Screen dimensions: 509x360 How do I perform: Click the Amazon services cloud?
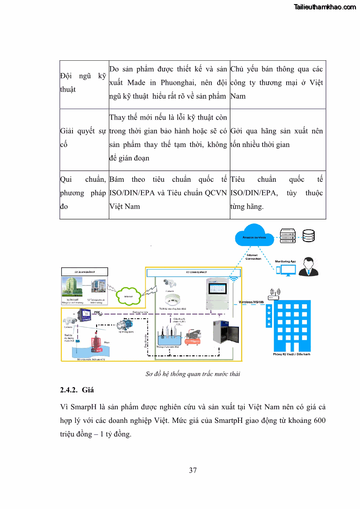pos(254,237)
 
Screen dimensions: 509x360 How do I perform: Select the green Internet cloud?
pos(128,296)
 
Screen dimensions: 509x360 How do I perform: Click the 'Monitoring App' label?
pos(285,262)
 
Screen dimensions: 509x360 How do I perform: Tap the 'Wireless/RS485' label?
pos(252,301)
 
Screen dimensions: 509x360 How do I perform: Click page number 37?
pos(193,470)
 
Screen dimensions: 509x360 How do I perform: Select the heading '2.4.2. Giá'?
pos(77,390)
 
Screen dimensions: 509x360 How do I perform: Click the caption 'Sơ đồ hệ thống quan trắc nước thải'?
pos(193,374)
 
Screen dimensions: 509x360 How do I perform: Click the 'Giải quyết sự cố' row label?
pos(83,138)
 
